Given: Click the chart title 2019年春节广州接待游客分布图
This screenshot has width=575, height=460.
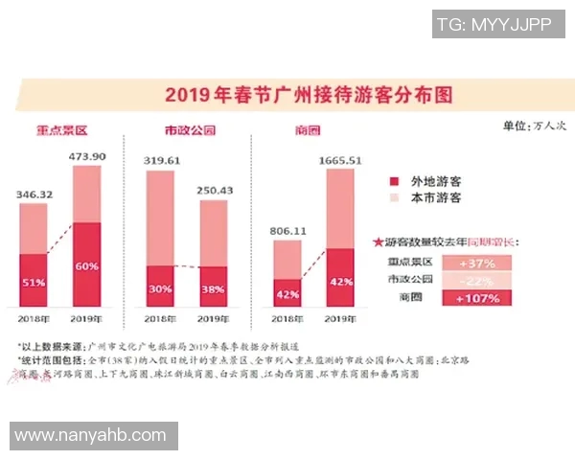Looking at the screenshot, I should [309, 95].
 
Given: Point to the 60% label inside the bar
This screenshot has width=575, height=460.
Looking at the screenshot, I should [87, 265].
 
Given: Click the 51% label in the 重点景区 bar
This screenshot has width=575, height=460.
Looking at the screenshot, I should [34, 282].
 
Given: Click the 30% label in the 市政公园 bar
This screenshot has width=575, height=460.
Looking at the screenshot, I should [161, 287].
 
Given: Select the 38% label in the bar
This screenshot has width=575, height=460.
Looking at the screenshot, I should [214, 287].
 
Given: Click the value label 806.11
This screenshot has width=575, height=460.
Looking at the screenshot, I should [287, 231].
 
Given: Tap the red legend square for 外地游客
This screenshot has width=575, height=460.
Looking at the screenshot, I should [393, 180].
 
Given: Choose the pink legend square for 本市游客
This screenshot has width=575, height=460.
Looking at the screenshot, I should [393, 197].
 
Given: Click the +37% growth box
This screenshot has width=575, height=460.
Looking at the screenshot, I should [476, 263].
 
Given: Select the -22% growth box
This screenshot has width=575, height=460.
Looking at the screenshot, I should [476, 280].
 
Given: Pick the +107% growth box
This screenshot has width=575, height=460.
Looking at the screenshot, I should [476, 298].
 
